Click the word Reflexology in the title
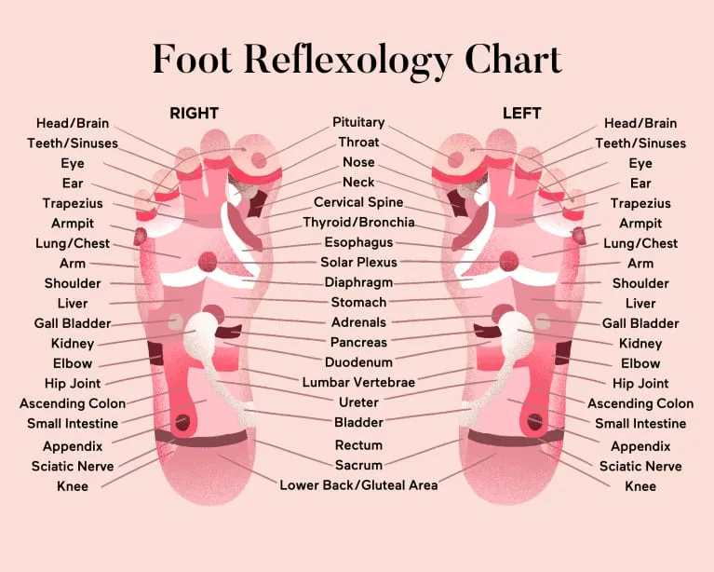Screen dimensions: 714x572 tap(347, 61)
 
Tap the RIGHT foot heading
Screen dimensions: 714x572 tap(194, 113)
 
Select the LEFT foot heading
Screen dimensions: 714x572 tap(522, 113)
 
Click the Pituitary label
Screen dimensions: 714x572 tap(358, 122)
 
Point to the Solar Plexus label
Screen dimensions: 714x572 tap(358, 262)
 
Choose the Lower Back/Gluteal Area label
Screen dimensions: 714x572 tap(358, 485)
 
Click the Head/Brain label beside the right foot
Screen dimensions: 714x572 tap(73, 123)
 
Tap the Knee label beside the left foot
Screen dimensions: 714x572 tap(640, 486)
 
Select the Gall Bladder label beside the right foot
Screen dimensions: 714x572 tap(73, 323)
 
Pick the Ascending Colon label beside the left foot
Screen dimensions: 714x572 tap(640, 403)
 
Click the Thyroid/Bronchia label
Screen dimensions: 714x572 tap(358, 223)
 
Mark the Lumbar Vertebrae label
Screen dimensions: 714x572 tap(358, 382)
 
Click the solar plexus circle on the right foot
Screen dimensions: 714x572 tap(208, 262)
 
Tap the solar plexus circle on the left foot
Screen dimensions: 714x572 tap(509, 262)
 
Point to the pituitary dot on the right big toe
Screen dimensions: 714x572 tap(259, 160)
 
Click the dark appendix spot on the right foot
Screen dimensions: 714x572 tap(183, 422)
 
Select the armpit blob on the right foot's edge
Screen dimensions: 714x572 tap(140, 236)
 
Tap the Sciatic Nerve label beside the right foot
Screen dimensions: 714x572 tap(73, 466)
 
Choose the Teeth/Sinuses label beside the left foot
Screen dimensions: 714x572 tap(640, 143)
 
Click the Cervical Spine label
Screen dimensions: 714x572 tap(358, 202)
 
